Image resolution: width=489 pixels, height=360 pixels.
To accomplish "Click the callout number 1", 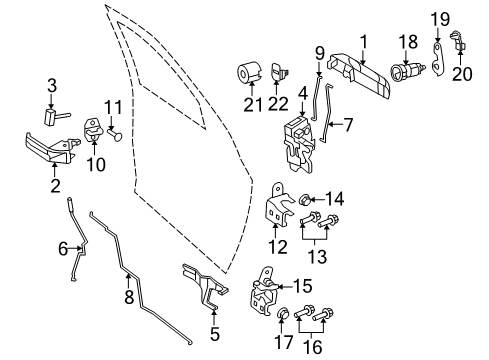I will tap(363, 41).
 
